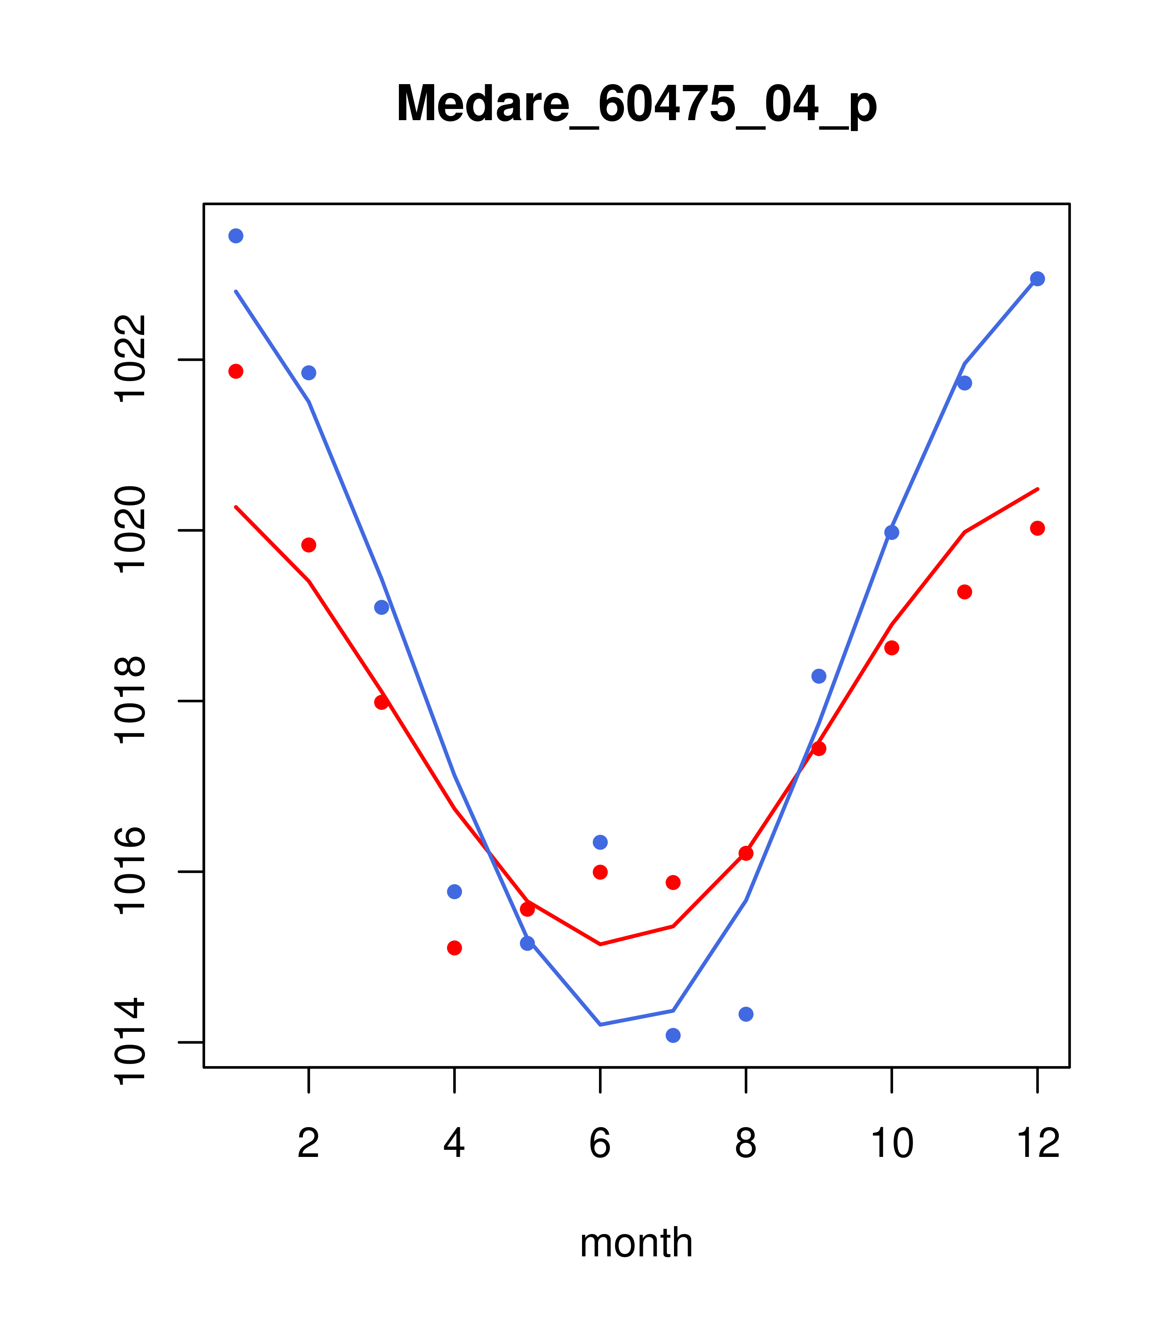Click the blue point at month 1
click(236, 236)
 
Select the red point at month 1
click(236, 371)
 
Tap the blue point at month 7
click(673, 1036)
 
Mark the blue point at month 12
click(1038, 278)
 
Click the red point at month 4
click(455, 948)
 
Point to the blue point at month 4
click(455, 892)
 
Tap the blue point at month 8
click(746, 1014)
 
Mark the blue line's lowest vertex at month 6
click(600, 1024)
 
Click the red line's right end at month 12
click(1038, 489)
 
